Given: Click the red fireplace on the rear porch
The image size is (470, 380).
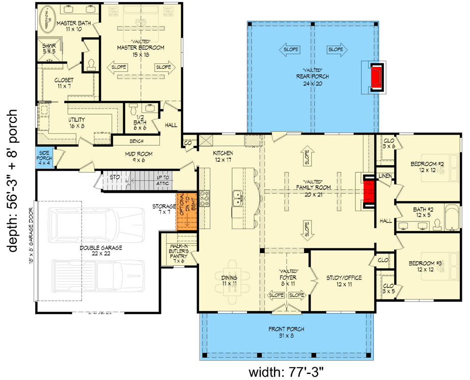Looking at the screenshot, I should (376, 77).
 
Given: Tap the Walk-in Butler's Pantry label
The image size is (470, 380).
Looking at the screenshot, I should (179, 253).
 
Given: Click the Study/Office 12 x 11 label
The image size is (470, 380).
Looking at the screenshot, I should (344, 281).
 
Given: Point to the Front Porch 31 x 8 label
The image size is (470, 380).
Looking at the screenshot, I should (287, 333).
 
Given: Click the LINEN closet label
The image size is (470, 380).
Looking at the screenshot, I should (385, 176).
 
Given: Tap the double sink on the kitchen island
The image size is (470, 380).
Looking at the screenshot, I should (237, 198).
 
